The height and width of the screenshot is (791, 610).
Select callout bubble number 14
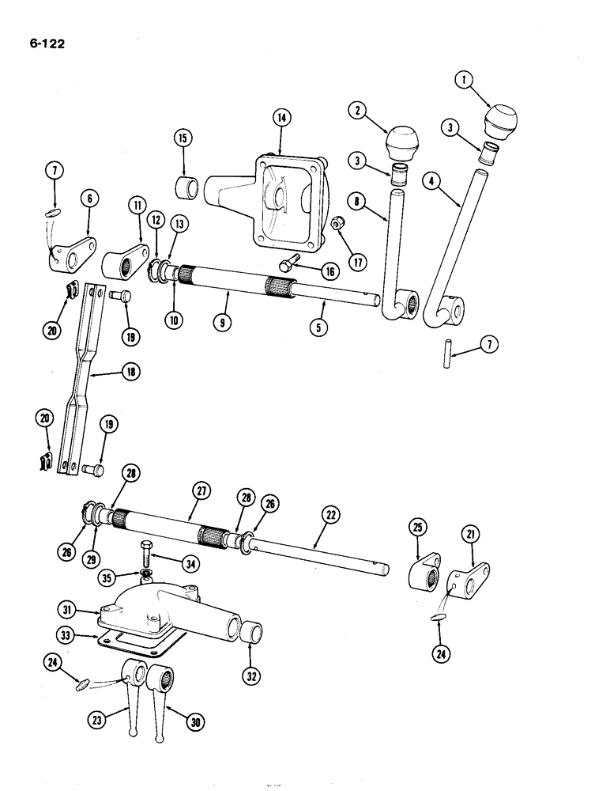282,117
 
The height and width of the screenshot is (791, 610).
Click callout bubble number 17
359,261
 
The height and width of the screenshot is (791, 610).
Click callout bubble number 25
419,526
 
